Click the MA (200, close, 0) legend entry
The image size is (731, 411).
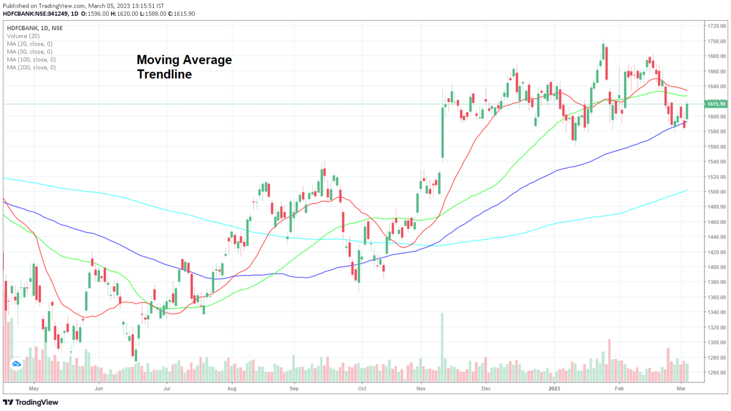tap(31, 68)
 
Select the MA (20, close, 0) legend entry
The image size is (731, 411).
tap(30, 44)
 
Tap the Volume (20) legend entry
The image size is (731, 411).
tap(23, 36)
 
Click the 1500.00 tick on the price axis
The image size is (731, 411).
tap(716, 192)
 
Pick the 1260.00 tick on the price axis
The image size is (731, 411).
tap(716, 373)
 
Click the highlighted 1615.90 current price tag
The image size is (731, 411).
tap(716, 104)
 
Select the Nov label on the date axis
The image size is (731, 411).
tap(421, 389)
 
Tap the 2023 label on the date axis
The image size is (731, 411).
tap(554, 389)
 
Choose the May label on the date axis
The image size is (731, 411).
tap(34, 389)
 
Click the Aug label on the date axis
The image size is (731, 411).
tap(232, 389)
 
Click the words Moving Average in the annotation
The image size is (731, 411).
tap(184, 60)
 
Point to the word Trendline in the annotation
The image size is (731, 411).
tap(164, 74)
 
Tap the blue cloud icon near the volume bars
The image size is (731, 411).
tap(17, 364)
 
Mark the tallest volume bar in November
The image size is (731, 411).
tap(442, 347)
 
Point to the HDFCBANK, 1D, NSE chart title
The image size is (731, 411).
tap(35, 28)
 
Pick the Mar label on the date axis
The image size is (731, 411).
tap(681, 389)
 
